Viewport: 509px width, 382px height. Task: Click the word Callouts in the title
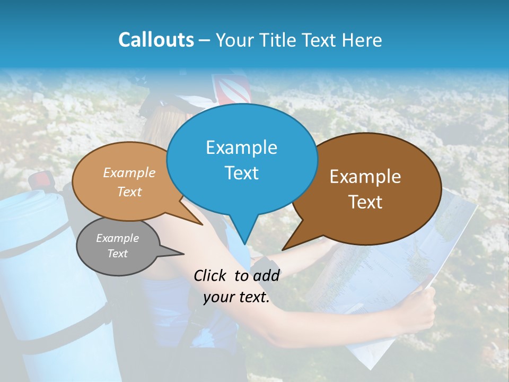point(156,40)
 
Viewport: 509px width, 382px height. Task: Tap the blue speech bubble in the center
point(241,159)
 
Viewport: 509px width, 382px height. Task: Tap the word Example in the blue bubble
point(241,147)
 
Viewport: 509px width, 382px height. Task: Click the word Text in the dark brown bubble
point(365,202)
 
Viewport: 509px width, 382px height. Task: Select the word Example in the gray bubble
point(117,238)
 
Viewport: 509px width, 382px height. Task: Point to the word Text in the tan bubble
point(129,192)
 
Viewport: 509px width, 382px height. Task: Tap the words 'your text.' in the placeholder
point(236,298)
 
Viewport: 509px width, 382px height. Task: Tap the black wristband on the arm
point(265,265)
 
